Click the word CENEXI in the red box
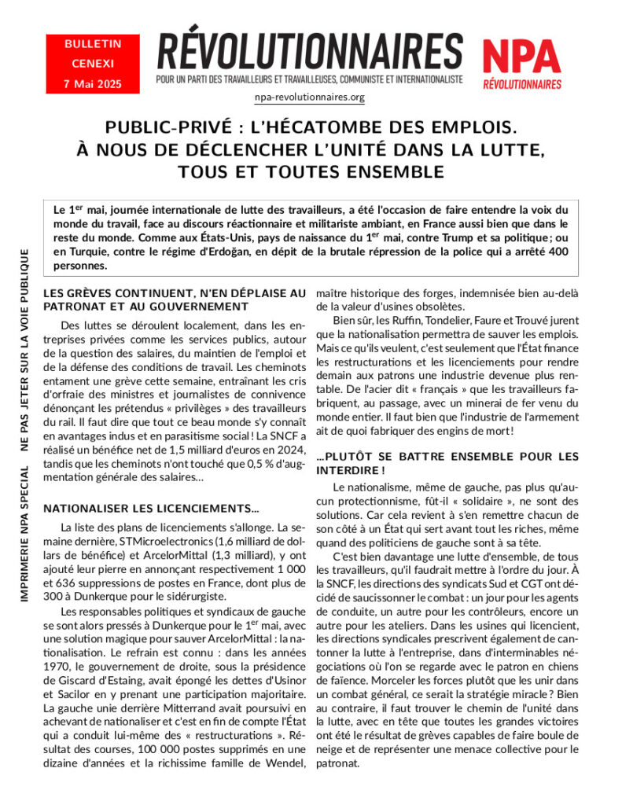[x=93, y=64]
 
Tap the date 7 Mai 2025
[x=93, y=84]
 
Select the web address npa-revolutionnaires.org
[x=310, y=97]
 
